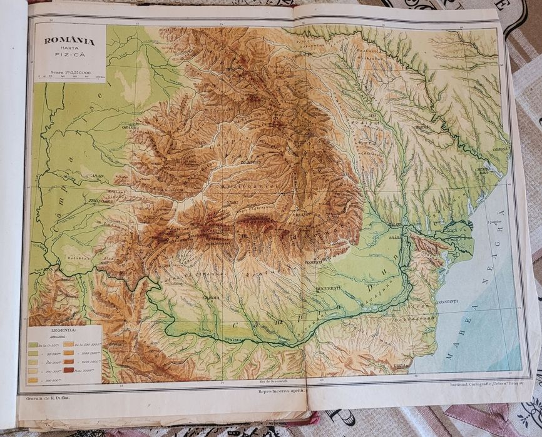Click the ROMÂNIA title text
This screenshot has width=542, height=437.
[69, 41]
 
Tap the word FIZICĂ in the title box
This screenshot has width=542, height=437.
[69, 56]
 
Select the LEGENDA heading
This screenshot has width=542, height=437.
[64, 329]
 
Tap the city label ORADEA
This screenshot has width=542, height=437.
[130, 128]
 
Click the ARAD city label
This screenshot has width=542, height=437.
[98, 176]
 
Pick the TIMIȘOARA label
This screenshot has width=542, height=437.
[83, 201]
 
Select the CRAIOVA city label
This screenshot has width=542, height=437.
[211, 298]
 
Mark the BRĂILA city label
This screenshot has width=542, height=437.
[395, 238]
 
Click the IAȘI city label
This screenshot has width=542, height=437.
[372, 115]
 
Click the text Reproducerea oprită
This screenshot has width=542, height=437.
[282, 392]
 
